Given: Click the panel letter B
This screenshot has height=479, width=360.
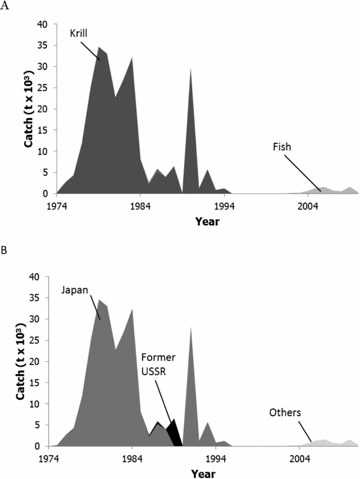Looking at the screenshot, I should coord(4,250).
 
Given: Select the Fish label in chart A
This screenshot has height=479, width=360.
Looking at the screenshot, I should coord(282,147).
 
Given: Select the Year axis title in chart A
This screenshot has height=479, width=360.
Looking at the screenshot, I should coord(207,222).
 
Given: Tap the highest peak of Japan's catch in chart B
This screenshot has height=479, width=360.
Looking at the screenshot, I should coord(99,299).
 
